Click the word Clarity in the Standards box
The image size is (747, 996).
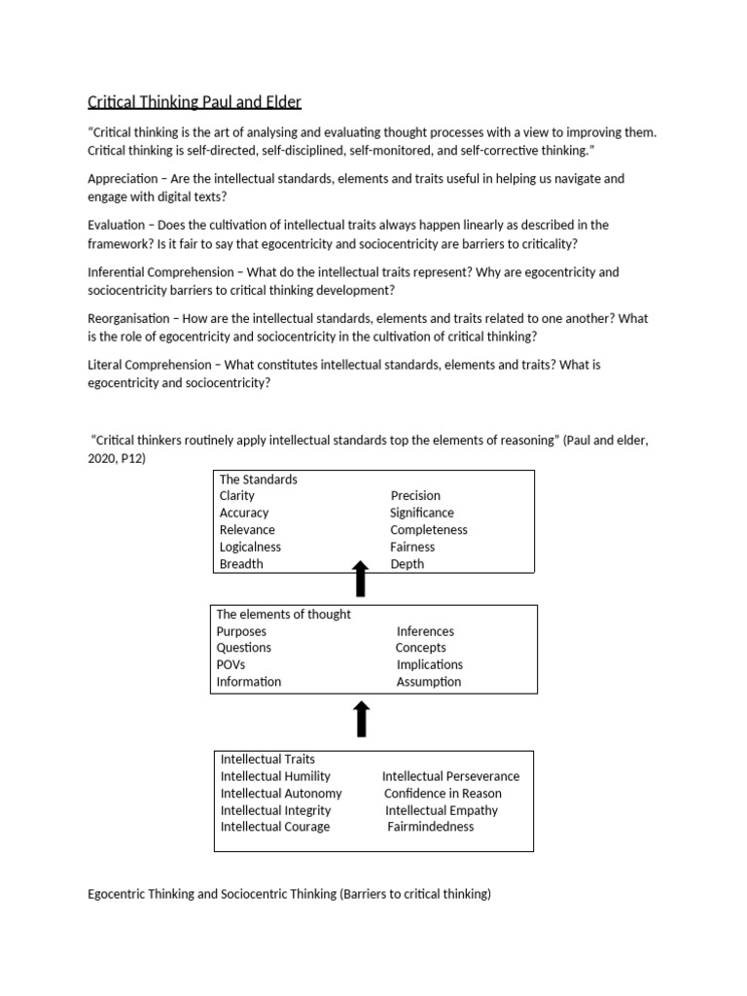click(x=237, y=495)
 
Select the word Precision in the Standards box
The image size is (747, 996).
click(x=415, y=495)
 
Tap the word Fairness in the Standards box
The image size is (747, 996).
click(x=412, y=547)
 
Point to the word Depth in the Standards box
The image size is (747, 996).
click(x=407, y=564)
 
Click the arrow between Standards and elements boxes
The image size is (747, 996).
click(x=360, y=579)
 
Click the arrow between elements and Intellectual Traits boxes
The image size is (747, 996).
click(x=360, y=720)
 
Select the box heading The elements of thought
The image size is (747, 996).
click(x=283, y=615)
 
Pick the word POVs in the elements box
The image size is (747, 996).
click(x=231, y=664)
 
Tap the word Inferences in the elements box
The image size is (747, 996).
click(x=425, y=631)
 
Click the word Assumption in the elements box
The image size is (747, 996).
click(x=429, y=682)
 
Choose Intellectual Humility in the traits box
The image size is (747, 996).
click(x=275, y=776)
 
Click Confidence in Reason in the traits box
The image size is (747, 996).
click(x=443, y=794)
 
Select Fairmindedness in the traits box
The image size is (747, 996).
click(x=431, y=827)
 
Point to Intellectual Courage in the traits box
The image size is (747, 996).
click(x=275, y=827)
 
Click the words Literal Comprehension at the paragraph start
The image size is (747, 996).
click(x=152, y=365)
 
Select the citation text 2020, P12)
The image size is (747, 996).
click(x=117, y=457)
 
